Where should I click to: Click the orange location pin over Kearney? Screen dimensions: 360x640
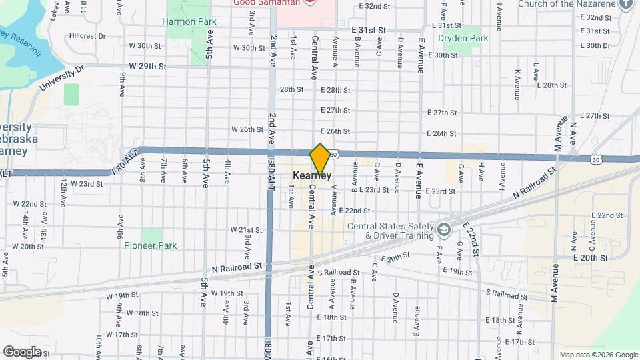[x=320, y=159]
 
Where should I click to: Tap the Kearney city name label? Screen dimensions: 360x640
[x=312, y=176]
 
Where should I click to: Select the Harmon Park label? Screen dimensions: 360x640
[x=189, y=21]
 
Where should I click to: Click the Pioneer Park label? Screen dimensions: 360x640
[x=151, y=245]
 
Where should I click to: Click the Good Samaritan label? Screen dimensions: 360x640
[x=265, y=2]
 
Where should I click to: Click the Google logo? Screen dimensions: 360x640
[x=22, y=351]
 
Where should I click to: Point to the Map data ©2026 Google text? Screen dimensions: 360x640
[x=599, y=355]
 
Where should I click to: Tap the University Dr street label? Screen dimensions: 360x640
[x=61, y=78]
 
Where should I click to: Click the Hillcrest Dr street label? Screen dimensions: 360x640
[x=87, y=36]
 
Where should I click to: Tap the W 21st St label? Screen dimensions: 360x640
[x=247, y=229]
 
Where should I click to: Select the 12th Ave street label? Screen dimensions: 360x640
[x=63, y=191]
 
